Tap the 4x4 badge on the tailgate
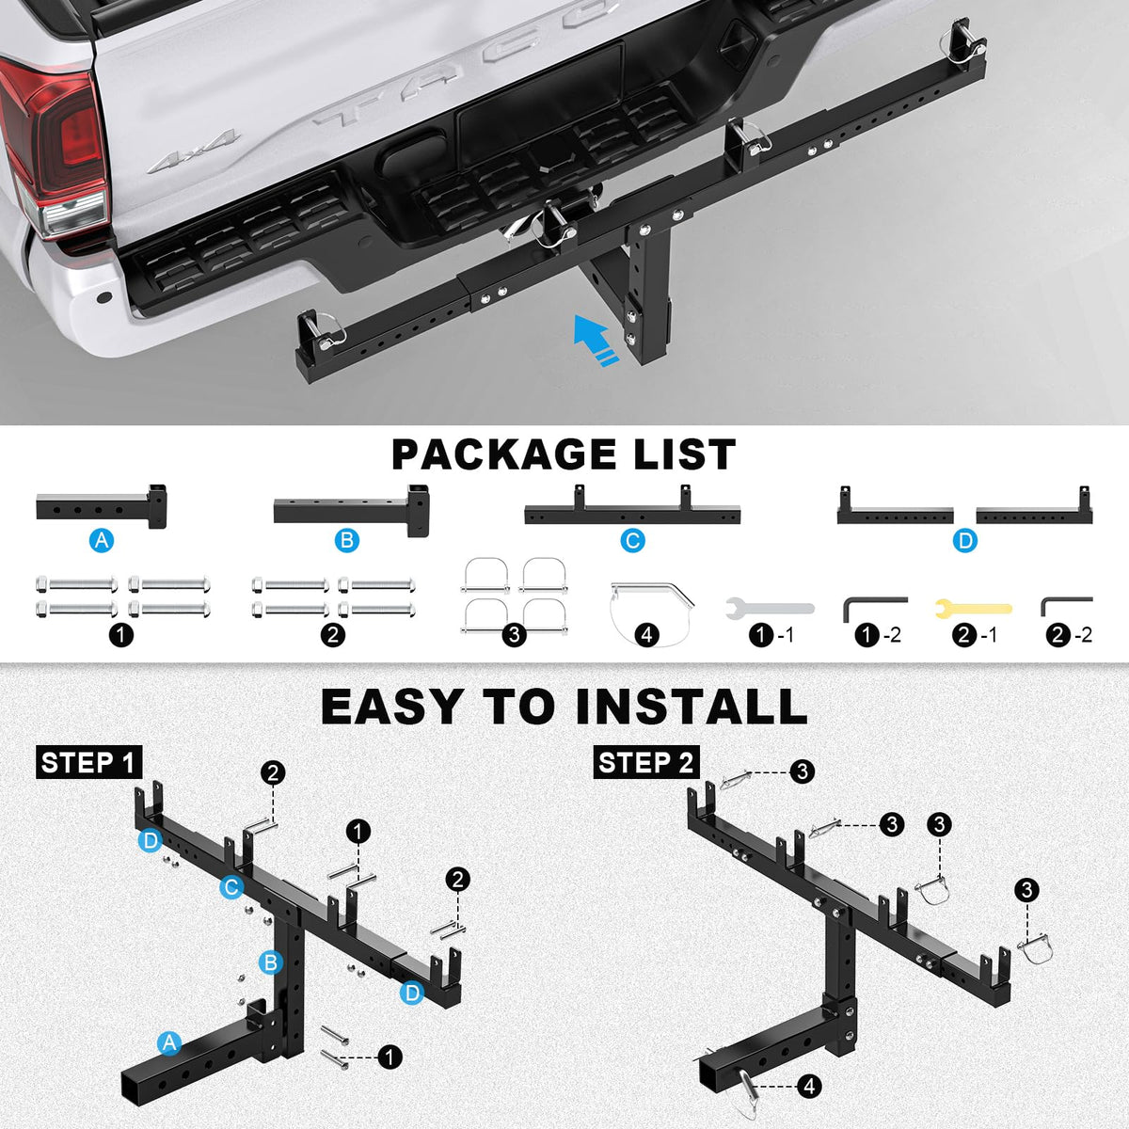point(195,151)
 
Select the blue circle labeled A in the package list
point(102,540)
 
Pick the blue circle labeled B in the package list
point(347,540)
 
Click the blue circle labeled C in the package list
point(632,540)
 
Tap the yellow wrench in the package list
point(973,608)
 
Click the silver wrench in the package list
point(770,608)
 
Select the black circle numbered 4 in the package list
point(646,635)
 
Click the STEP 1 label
point(89,762)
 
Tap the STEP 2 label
point(646,762)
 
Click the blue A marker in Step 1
point(169,1043)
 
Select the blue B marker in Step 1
point(271,962)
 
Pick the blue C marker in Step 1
point(231,887)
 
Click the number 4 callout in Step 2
point(809,1087)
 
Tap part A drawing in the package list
point(102,506)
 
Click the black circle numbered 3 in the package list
point(514,635)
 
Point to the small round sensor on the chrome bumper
point(104,297)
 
